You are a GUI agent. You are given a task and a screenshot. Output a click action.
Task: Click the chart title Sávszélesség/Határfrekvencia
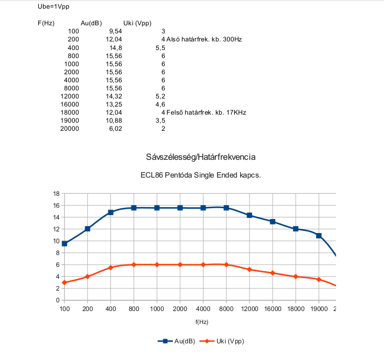[200, 157]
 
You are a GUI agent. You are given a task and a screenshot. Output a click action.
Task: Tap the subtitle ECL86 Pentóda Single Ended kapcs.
[200, 175]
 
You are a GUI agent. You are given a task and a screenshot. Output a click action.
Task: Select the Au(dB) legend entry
[176, 341]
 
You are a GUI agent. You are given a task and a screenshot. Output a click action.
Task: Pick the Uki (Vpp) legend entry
[222, 341]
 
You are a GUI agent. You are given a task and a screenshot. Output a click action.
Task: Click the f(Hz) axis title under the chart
[202, 322]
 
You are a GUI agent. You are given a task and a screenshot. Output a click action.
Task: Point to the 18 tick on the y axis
[57, 194]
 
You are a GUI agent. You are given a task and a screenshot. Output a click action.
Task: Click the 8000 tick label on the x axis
[226, 309]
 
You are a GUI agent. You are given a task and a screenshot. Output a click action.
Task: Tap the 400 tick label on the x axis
[111, 309]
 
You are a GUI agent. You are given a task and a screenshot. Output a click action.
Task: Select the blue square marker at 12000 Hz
[249, 215]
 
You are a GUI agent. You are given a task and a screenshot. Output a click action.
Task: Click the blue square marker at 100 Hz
[65, 244]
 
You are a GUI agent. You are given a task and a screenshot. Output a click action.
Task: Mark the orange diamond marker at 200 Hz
[87, 277]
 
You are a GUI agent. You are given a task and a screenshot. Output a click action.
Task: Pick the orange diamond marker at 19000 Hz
[319, 279]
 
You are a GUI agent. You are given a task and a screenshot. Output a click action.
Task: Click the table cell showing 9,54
[116, 31]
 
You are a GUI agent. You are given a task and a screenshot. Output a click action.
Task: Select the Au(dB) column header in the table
[91, 23]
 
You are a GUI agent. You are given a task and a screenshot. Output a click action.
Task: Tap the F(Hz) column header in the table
[46, 23]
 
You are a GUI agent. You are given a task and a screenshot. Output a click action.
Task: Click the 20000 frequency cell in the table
[69, 129]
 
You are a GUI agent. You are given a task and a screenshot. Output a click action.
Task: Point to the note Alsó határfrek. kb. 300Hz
[204, 39]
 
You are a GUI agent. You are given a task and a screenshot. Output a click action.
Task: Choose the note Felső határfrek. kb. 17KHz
[206, 112]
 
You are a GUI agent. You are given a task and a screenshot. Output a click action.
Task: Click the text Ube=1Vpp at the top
[53, 6]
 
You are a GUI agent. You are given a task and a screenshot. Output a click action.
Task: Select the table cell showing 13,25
[114, 104]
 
